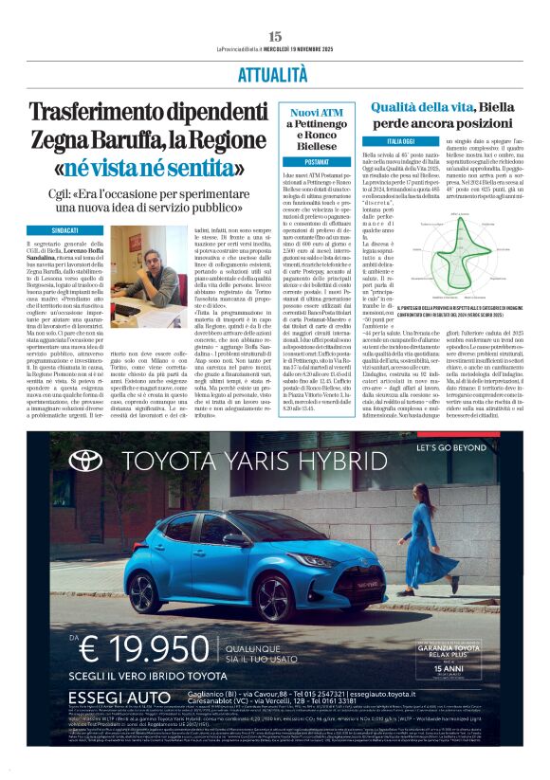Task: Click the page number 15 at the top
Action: (275, 36)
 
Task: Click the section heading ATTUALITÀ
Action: (274, 73)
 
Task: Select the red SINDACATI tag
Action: (65, 229)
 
